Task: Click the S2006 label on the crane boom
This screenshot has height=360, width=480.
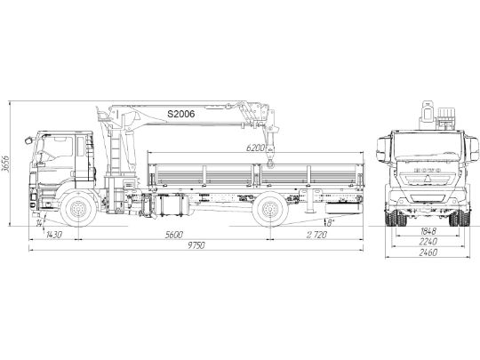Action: (x=180, y=115)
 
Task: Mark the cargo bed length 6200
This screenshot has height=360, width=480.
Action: (x=259, y=148)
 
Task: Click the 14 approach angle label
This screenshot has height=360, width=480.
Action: (x=41, y=220)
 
